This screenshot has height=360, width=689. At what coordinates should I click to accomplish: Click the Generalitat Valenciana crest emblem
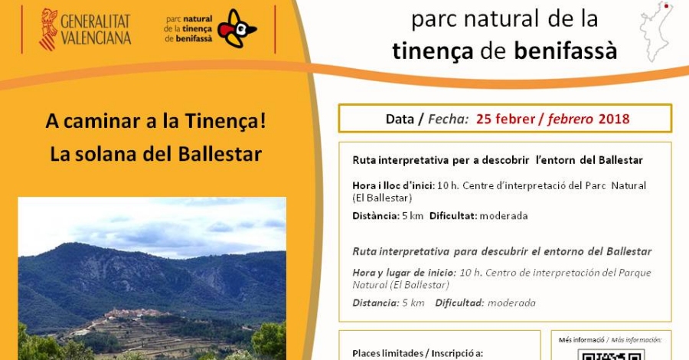(x=47, y=29)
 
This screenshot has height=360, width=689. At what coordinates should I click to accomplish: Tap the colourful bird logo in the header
(x=237, y=29)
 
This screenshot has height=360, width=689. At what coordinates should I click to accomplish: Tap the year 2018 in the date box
(x=614, y=119)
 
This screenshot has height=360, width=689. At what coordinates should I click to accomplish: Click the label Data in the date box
(x=399, y=119)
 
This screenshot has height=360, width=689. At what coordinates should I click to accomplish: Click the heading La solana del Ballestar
(x=156, y=153)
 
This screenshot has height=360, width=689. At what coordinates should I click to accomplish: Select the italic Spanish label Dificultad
(x=459, y=303)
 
